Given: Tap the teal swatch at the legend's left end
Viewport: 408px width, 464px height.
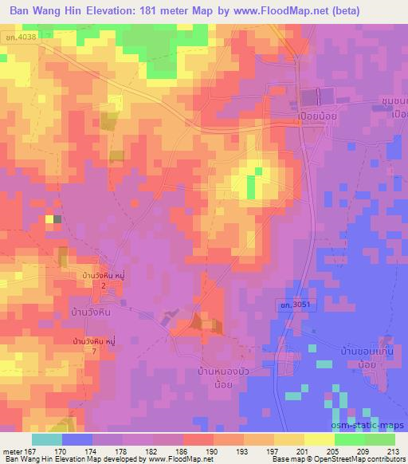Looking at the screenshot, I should point(46,439).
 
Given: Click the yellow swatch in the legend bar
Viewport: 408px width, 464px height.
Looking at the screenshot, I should point(319,439).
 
